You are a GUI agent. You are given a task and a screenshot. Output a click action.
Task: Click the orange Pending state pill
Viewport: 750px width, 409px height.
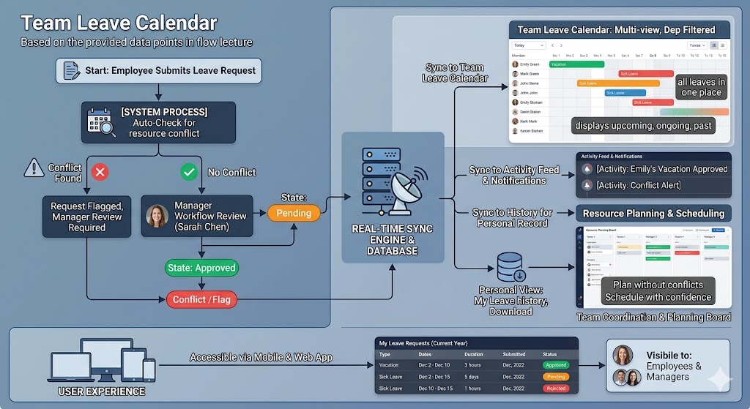coord(294,213)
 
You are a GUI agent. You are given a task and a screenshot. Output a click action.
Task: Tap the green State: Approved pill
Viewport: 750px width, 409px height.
coord(201,268)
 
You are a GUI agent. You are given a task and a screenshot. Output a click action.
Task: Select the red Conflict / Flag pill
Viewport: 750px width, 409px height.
coord(200,299)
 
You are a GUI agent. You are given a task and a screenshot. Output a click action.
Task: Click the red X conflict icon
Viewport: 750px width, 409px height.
coord(100,172)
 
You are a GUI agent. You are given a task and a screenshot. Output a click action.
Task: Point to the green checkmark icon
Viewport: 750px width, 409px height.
coord(189,172)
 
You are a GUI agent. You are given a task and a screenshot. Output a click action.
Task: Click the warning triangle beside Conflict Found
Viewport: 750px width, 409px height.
coord(34,168)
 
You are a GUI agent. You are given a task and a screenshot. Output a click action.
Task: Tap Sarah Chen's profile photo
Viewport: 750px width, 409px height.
coord(157,216)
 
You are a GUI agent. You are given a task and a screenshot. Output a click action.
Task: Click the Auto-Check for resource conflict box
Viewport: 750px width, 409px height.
coord(158,122)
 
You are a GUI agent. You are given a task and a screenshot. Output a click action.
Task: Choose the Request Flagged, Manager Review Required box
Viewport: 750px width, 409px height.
coord(87,217)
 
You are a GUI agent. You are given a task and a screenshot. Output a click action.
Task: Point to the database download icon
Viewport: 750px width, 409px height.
coord(511,268)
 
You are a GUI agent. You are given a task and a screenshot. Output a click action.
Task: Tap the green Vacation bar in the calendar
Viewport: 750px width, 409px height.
coord(576,64)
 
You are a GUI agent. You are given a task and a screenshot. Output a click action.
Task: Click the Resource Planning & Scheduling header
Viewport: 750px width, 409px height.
coord(653,214)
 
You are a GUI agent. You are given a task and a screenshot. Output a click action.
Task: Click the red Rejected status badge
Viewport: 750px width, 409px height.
coord(556,389)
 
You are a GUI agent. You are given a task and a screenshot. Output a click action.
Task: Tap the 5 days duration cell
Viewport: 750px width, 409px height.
coord(472,377)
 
